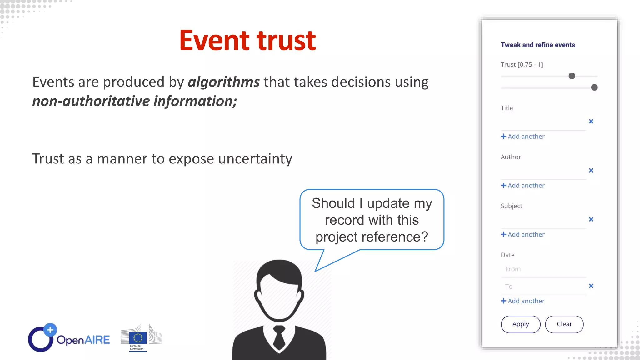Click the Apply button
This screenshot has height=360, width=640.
click(520, 324)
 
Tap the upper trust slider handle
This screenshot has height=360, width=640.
click(572, 76)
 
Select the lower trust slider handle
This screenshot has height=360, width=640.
click(594, 87)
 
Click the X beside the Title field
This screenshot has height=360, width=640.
click(591, 121)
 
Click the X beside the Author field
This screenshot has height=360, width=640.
click(591, 170)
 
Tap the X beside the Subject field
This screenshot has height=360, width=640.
click(591, 219)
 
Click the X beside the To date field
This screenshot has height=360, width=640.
click(591, 286)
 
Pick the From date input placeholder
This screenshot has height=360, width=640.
click(513, 269)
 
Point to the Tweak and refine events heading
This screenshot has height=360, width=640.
click(537, 45)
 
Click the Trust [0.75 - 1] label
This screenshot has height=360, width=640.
click(522, 65)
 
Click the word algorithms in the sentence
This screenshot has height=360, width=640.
click(223, 82)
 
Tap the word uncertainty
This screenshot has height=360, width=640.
click(255, 159)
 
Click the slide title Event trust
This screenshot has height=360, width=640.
click(247, 41)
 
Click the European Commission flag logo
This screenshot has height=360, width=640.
click(138, 338)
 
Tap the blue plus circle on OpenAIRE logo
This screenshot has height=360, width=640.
click(50, 330)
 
